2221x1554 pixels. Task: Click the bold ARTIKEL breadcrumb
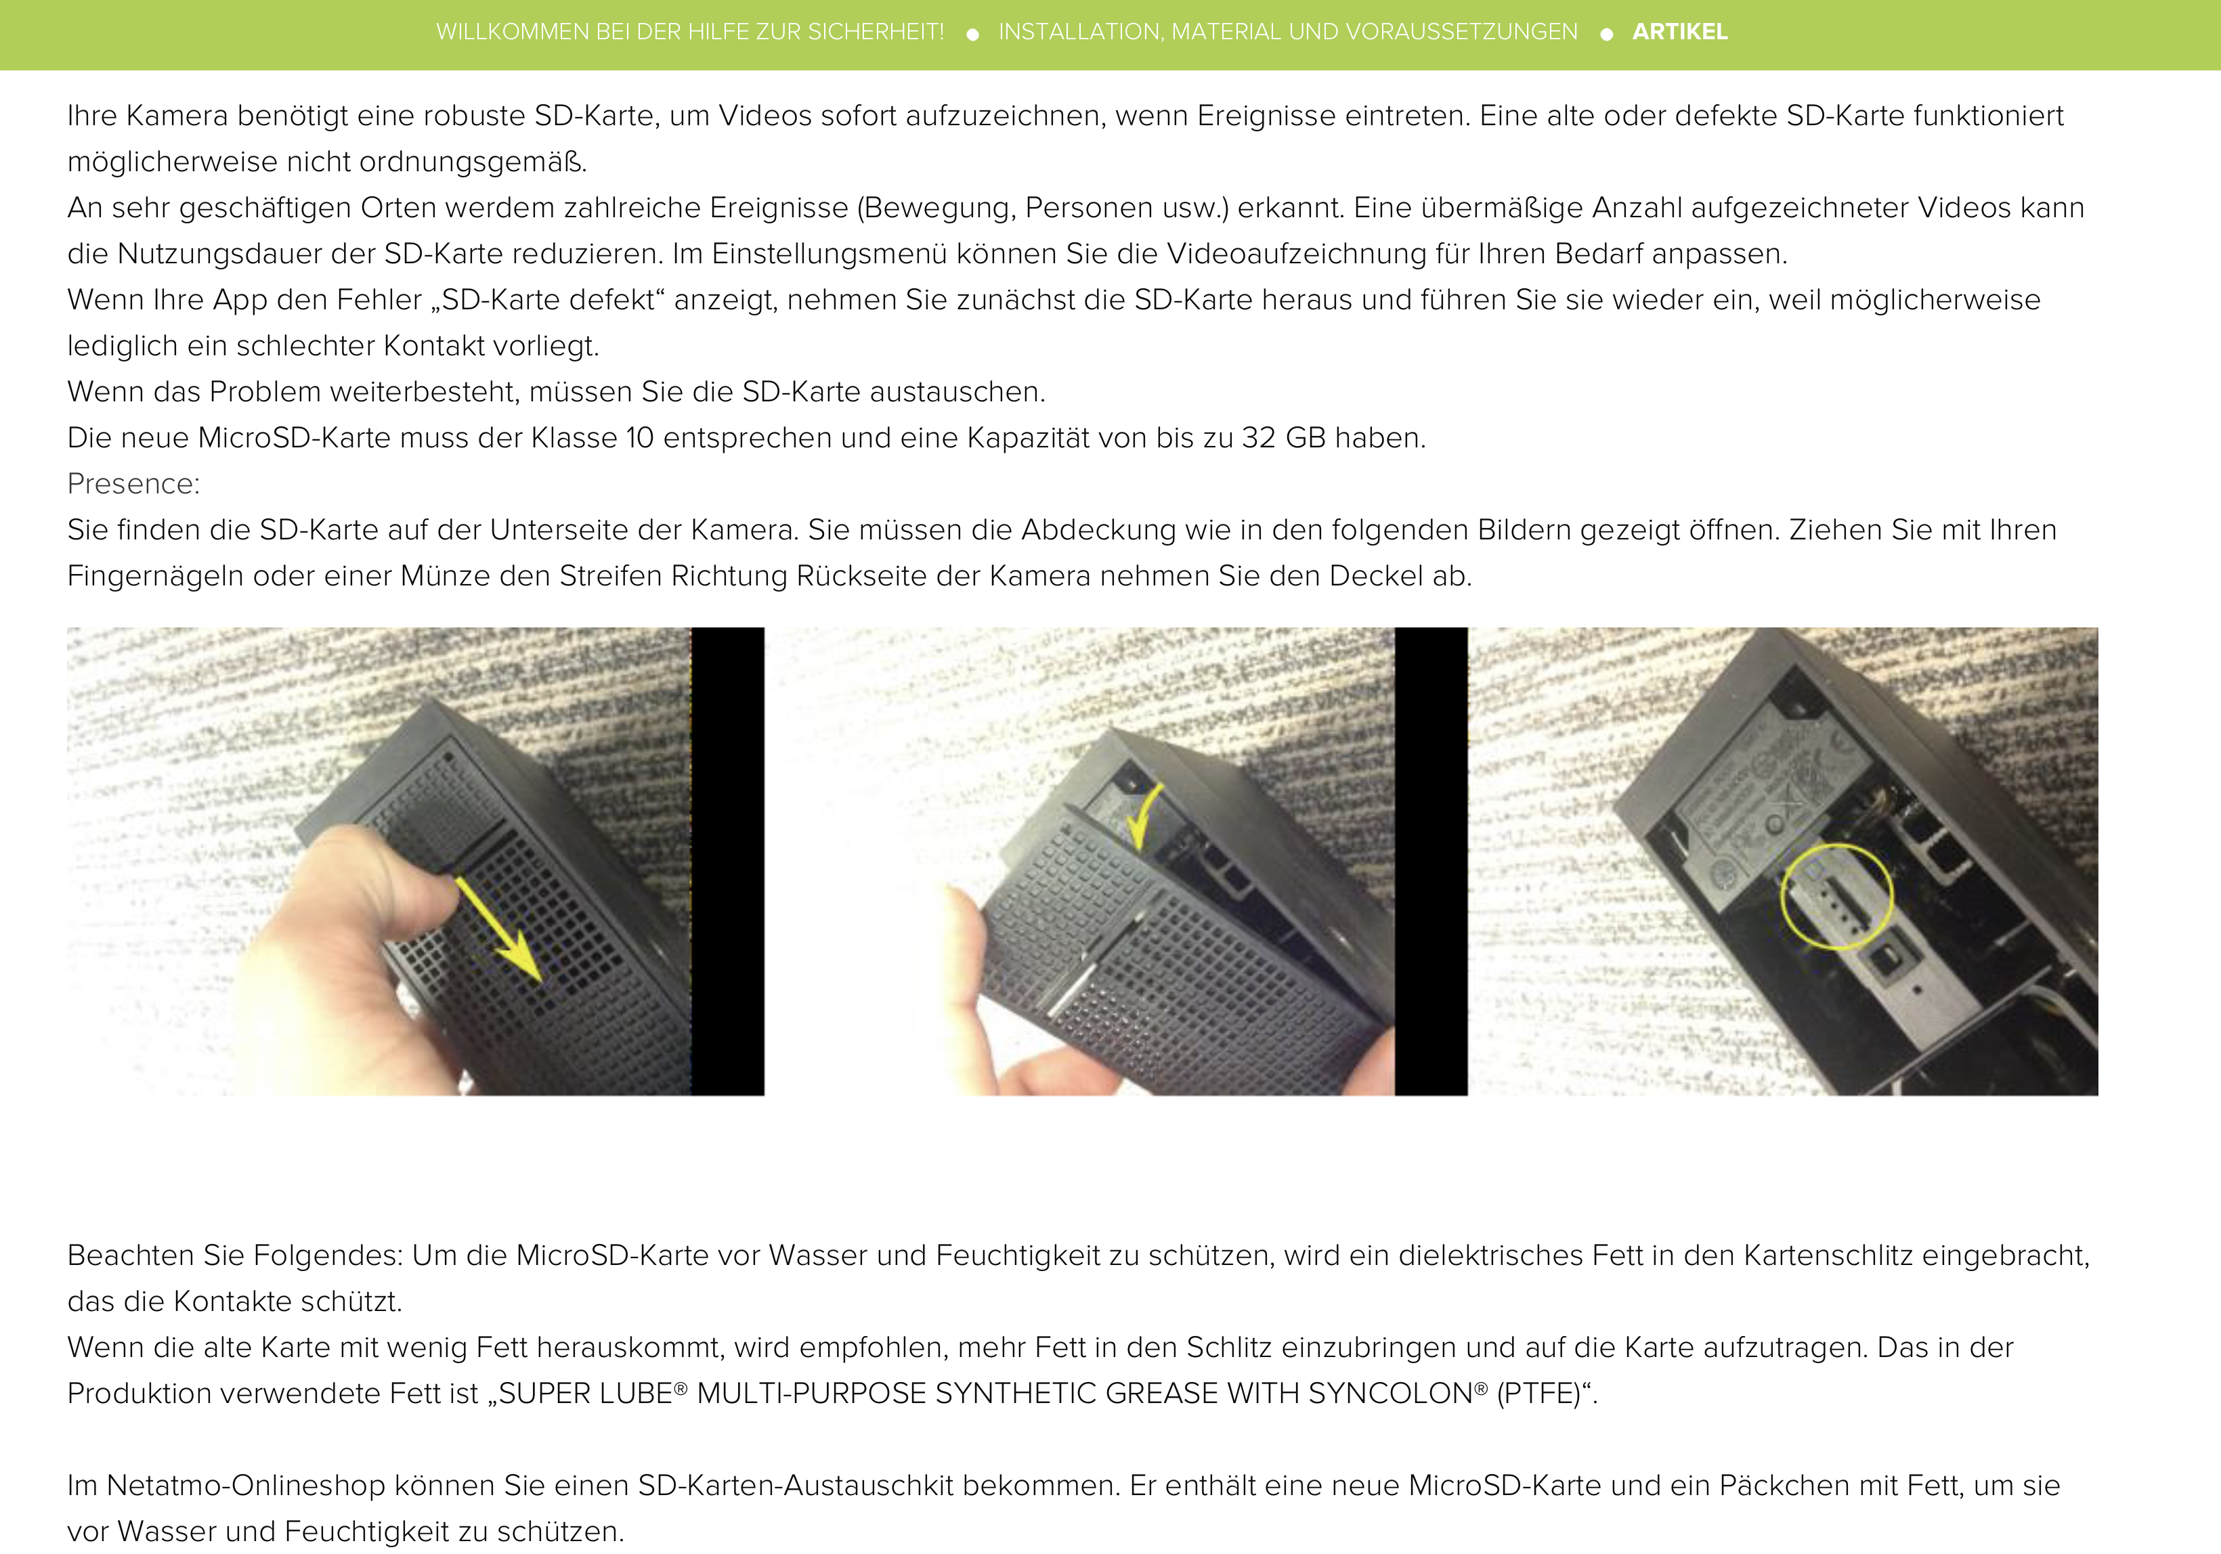click(x=1679, y=32)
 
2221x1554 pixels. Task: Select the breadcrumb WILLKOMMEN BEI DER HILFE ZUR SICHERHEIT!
click(x=690, y=32)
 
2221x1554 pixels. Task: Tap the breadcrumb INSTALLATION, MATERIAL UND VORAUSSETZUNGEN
click(x=1287, y=32)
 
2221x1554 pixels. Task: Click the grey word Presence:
click(x=133, y=483)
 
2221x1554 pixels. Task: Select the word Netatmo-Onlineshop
click(x=246, y=1486)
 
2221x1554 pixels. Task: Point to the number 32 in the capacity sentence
click(x=1259, y=438)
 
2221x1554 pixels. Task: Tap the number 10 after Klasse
click(x=641, y=438)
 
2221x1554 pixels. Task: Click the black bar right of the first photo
click(x=727, y=861)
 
